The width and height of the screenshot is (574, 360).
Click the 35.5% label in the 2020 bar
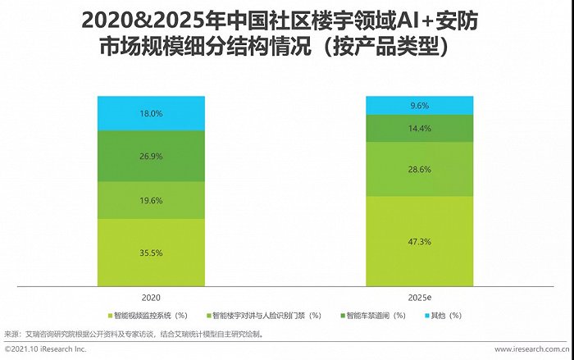[149, 253]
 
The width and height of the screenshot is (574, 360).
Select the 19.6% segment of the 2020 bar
[149, 200]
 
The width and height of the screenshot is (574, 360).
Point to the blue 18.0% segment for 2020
[149, 114]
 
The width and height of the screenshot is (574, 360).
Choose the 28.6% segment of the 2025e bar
[419, 168]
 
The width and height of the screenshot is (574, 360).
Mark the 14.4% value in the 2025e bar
[419, 129]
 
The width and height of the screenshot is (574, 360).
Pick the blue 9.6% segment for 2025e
[419, 105]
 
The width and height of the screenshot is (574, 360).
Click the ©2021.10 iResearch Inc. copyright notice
[45, 349]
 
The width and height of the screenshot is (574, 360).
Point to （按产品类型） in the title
[386, 48]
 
